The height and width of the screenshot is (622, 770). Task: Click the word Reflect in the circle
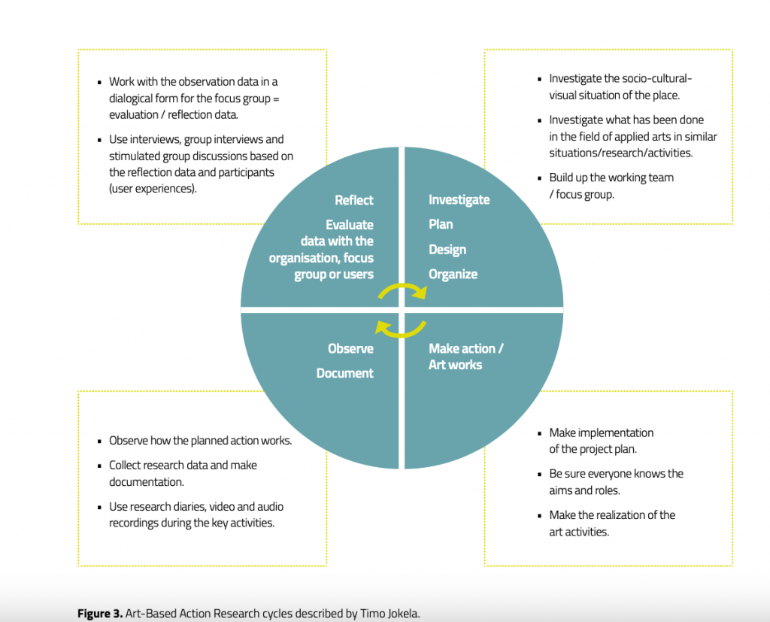(x=354, y=200)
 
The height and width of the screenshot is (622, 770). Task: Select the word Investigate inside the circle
(x=459, y=199)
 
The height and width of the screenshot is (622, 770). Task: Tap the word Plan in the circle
(x=441, y=224)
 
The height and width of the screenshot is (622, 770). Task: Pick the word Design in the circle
(x=447, y=250)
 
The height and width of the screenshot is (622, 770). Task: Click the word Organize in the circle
(x=453, y=275)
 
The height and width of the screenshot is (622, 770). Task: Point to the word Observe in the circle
(x=350, y=348)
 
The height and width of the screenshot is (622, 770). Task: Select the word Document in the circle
(x=344, y=373)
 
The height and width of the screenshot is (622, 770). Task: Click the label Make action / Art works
(x=466, y=357)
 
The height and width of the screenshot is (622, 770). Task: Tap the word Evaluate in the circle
(x=350, y=225)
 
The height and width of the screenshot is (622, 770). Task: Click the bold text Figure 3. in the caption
(x=100, y=613)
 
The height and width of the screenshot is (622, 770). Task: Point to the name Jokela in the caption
(x=403, y=613)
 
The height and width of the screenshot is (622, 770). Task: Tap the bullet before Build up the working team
(x=540, y=178)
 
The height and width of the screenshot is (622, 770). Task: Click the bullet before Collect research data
(x=100, y=466)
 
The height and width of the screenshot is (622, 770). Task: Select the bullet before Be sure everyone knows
(x=540, y=475)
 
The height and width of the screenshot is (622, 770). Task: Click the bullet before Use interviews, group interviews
(x=100, y=140)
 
